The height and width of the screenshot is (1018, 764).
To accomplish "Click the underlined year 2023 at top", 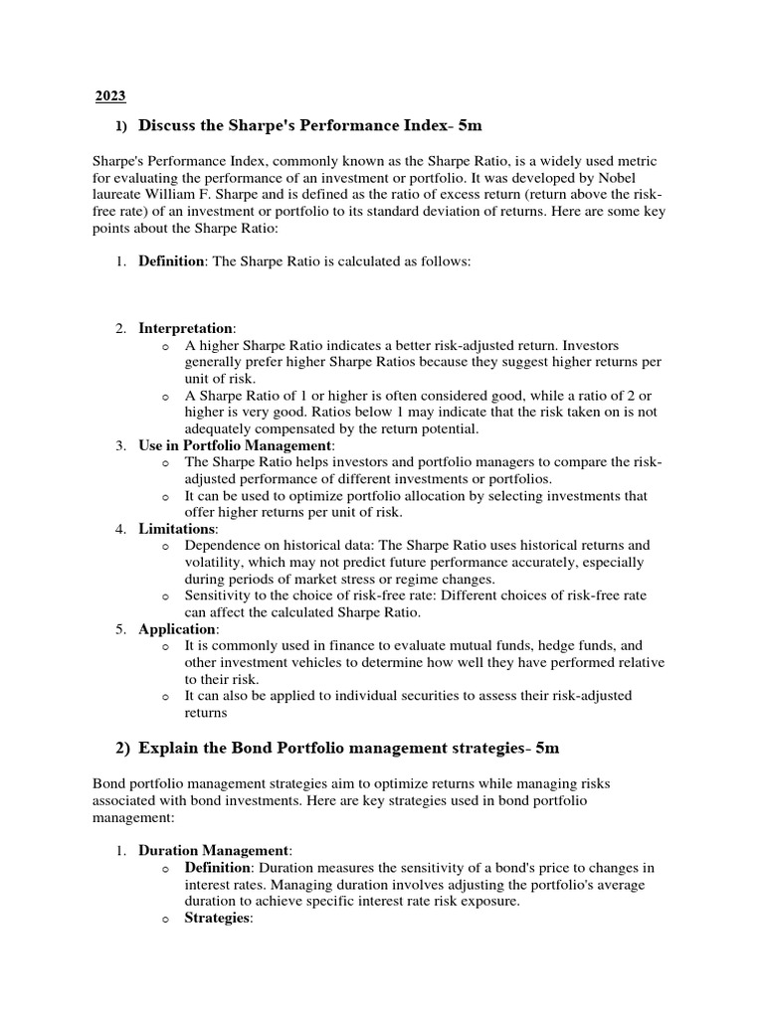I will pos(110,96).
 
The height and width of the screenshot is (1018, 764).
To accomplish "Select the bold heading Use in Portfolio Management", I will pos(235,445).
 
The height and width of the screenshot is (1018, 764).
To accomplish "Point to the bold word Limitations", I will pos(176,528).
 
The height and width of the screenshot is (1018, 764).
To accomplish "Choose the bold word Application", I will pos(176,628).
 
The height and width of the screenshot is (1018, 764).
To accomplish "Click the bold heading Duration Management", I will pos(214,850).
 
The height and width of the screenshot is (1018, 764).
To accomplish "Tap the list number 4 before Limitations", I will pos(119,528).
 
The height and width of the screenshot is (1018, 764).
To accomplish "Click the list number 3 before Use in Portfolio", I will pos(119,445).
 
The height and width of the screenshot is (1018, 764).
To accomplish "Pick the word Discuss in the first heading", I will pos(170,126).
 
